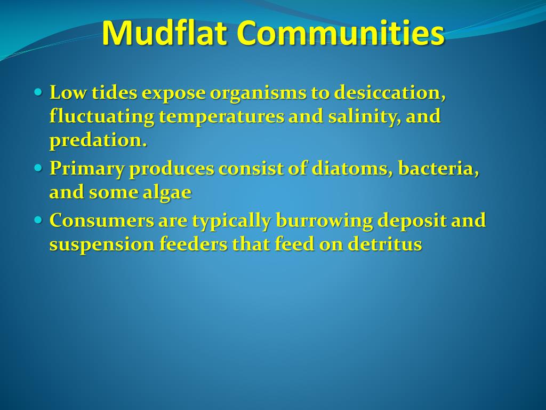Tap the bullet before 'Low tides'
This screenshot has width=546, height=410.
(37, 92)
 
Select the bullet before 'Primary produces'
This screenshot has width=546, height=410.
(37, 168)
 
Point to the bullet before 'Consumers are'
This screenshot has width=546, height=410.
(37, 219)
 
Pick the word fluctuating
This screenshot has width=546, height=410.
(101, 116)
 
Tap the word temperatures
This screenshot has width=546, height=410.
(221, 116)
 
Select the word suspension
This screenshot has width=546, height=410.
(101, 245)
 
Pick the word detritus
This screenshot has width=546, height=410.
(384, 244)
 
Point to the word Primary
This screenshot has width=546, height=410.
(87, 169)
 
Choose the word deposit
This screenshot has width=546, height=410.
(414, 221)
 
